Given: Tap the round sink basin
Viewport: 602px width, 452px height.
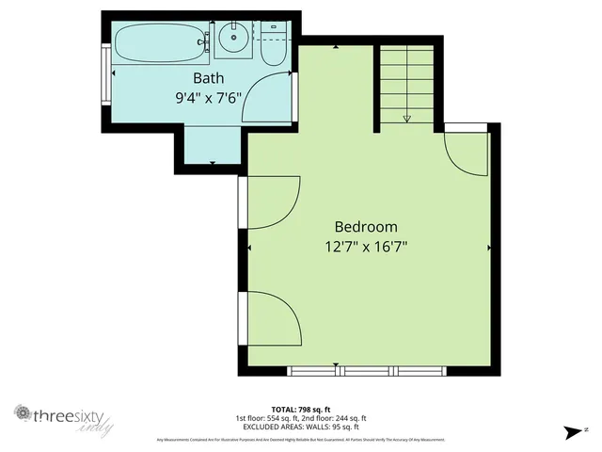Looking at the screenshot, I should pos(232,40).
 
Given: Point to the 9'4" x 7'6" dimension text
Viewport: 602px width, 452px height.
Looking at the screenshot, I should pos(209,96).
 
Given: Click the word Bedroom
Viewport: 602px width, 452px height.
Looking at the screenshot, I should pos(366,227).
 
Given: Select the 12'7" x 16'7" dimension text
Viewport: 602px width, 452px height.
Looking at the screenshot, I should pos(366,247).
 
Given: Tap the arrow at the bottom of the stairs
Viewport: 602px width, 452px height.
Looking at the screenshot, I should pos(407,119).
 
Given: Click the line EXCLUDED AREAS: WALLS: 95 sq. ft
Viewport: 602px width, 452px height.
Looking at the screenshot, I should pos(301,426).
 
